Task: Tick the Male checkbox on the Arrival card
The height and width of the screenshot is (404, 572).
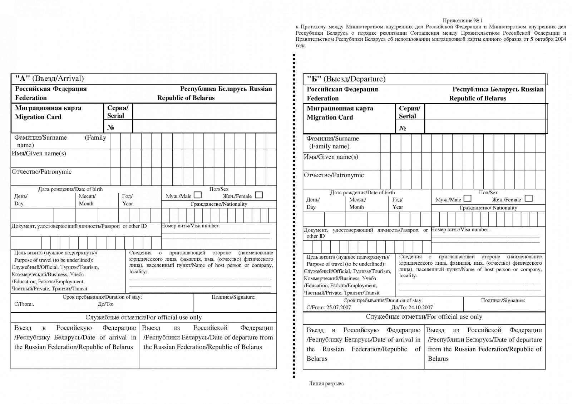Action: (198, 195)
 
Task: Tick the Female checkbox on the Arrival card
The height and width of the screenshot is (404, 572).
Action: (259, 195)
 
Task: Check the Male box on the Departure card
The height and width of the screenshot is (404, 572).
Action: (467, 199)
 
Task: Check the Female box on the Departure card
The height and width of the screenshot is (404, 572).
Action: (528, 199)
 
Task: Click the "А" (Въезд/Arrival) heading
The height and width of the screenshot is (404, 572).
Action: (49, 79)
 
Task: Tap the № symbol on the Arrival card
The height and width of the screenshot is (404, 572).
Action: (111, 128)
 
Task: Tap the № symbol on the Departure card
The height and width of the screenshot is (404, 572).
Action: (403, 128)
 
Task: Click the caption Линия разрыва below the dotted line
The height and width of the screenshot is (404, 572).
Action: (326, 384)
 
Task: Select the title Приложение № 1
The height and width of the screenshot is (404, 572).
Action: (463, 20)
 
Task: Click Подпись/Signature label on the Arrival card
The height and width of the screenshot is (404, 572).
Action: (233, 297)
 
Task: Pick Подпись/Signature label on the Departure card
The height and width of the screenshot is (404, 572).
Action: (503, 300)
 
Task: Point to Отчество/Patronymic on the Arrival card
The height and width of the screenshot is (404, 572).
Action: (41, 172)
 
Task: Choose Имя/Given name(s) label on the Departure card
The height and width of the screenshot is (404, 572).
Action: (331, 157)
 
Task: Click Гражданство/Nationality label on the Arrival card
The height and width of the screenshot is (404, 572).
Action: (219, 204)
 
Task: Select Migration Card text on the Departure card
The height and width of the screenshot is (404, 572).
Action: (330, 118)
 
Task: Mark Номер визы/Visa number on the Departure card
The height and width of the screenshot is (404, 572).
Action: (460, 230)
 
